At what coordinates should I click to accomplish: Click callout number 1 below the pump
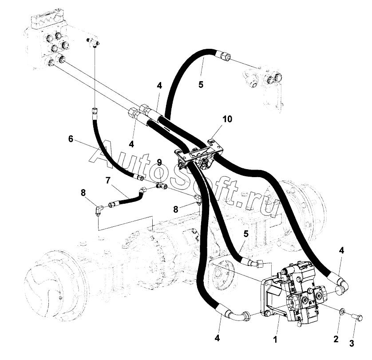[x=275, y=340]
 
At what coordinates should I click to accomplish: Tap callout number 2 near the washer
[x=336, y=339]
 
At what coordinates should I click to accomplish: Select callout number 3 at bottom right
[x=352, y=343]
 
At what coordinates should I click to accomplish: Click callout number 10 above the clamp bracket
[x=227, y=119]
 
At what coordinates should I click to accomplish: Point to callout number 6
[x=71, y=139]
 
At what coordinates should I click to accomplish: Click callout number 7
[x=108, y=181]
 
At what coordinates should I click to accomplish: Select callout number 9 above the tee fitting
[x=159, y=162]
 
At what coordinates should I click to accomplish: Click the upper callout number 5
[x=201, y=84]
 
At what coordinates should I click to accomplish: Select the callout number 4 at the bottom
[x=217, y=338]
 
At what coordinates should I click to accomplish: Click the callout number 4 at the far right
[x=341, y=250]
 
